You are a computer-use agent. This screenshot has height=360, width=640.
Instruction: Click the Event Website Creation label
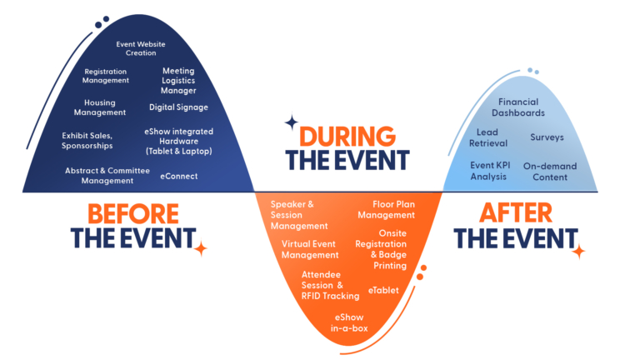141,48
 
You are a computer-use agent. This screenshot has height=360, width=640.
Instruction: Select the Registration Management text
106,76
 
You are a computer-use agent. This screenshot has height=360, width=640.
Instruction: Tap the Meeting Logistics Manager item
178,80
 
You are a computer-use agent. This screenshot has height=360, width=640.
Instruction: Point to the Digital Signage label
179,107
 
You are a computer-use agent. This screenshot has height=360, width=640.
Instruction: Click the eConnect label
179,177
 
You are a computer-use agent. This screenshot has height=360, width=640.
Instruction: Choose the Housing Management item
100,107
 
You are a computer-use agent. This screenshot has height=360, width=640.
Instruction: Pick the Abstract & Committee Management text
107,176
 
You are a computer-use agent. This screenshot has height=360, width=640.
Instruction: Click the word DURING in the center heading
347,137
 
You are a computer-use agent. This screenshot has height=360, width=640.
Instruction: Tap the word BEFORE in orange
133,214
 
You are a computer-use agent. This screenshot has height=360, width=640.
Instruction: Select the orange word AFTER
516,213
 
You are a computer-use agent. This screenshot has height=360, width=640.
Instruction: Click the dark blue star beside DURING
292,122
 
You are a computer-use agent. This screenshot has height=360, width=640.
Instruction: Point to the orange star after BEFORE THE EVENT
200,248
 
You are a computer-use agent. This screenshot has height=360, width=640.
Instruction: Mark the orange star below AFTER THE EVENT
578,252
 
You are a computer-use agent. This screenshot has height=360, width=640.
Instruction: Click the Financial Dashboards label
518,107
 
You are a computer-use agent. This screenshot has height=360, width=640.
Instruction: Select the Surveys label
547,137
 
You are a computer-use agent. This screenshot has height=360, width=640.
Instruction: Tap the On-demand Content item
550,172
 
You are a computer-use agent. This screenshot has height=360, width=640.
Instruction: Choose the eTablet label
383,290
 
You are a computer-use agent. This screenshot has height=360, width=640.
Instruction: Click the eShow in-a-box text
349,322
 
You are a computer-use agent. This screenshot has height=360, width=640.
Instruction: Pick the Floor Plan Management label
387,209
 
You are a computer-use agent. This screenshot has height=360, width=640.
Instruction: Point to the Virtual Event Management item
310,249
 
